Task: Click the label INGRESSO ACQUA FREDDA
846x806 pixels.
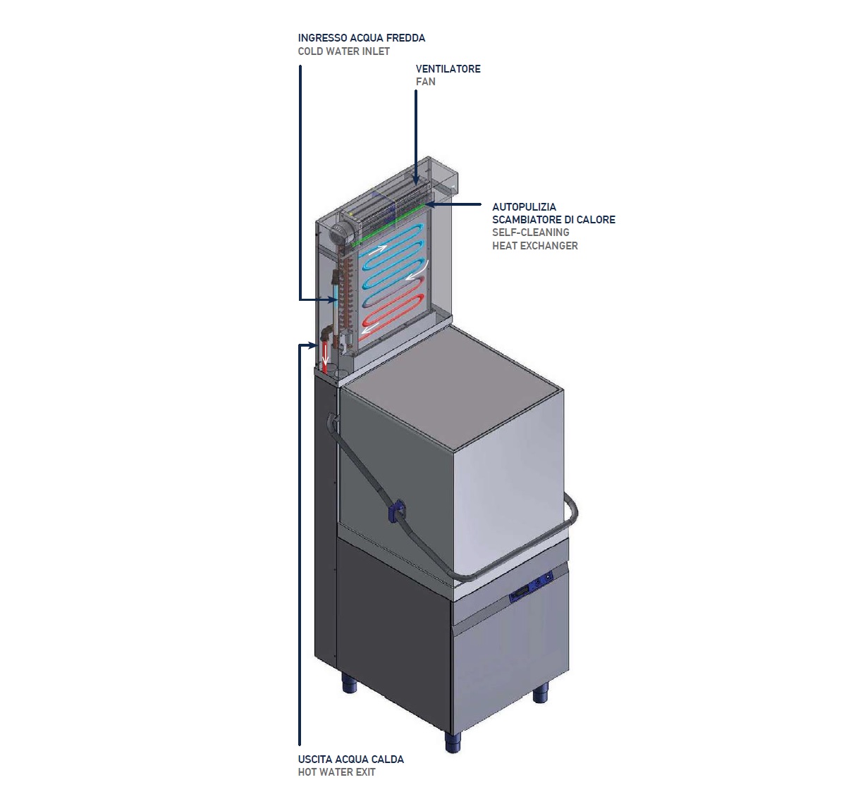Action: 361,38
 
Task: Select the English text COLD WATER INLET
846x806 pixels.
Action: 343,51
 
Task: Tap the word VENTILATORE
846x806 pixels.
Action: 448,69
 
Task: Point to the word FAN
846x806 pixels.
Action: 425,82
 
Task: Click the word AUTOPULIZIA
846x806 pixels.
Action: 524,207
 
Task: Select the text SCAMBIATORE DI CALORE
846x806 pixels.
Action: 553,220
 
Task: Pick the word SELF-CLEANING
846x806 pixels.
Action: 530,232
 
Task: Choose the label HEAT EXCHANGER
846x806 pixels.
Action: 534,246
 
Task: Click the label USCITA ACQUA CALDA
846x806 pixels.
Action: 350,759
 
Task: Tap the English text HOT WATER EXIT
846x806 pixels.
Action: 336,772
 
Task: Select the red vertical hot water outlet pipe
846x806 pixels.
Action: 325,356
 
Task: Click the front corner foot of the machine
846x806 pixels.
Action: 452,741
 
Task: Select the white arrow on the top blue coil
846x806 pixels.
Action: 378,249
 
